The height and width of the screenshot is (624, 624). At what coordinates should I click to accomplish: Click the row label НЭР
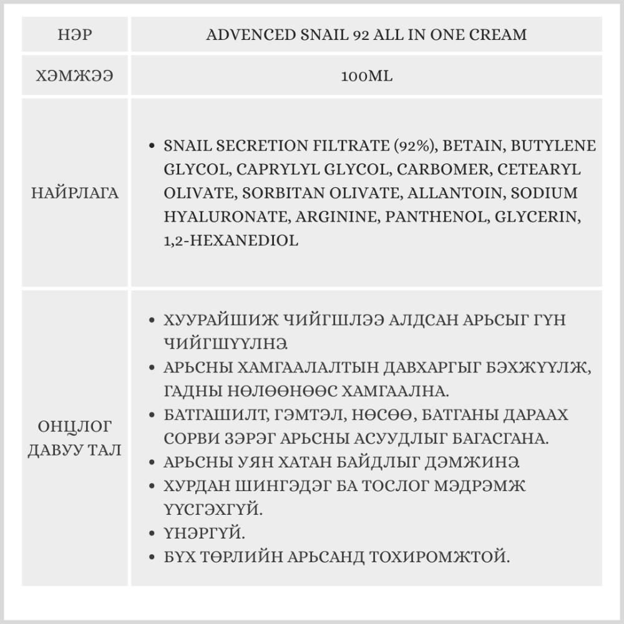[x=75, y=34]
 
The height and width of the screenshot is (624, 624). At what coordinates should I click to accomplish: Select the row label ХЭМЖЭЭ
[x=75, y=76]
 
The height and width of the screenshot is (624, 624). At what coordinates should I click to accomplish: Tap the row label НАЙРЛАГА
[x=75, y=193]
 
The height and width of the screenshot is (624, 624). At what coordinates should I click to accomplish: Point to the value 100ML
[x=366, y=76]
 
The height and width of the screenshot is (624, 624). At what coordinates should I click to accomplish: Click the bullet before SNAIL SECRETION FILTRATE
[x=152, y=146]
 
